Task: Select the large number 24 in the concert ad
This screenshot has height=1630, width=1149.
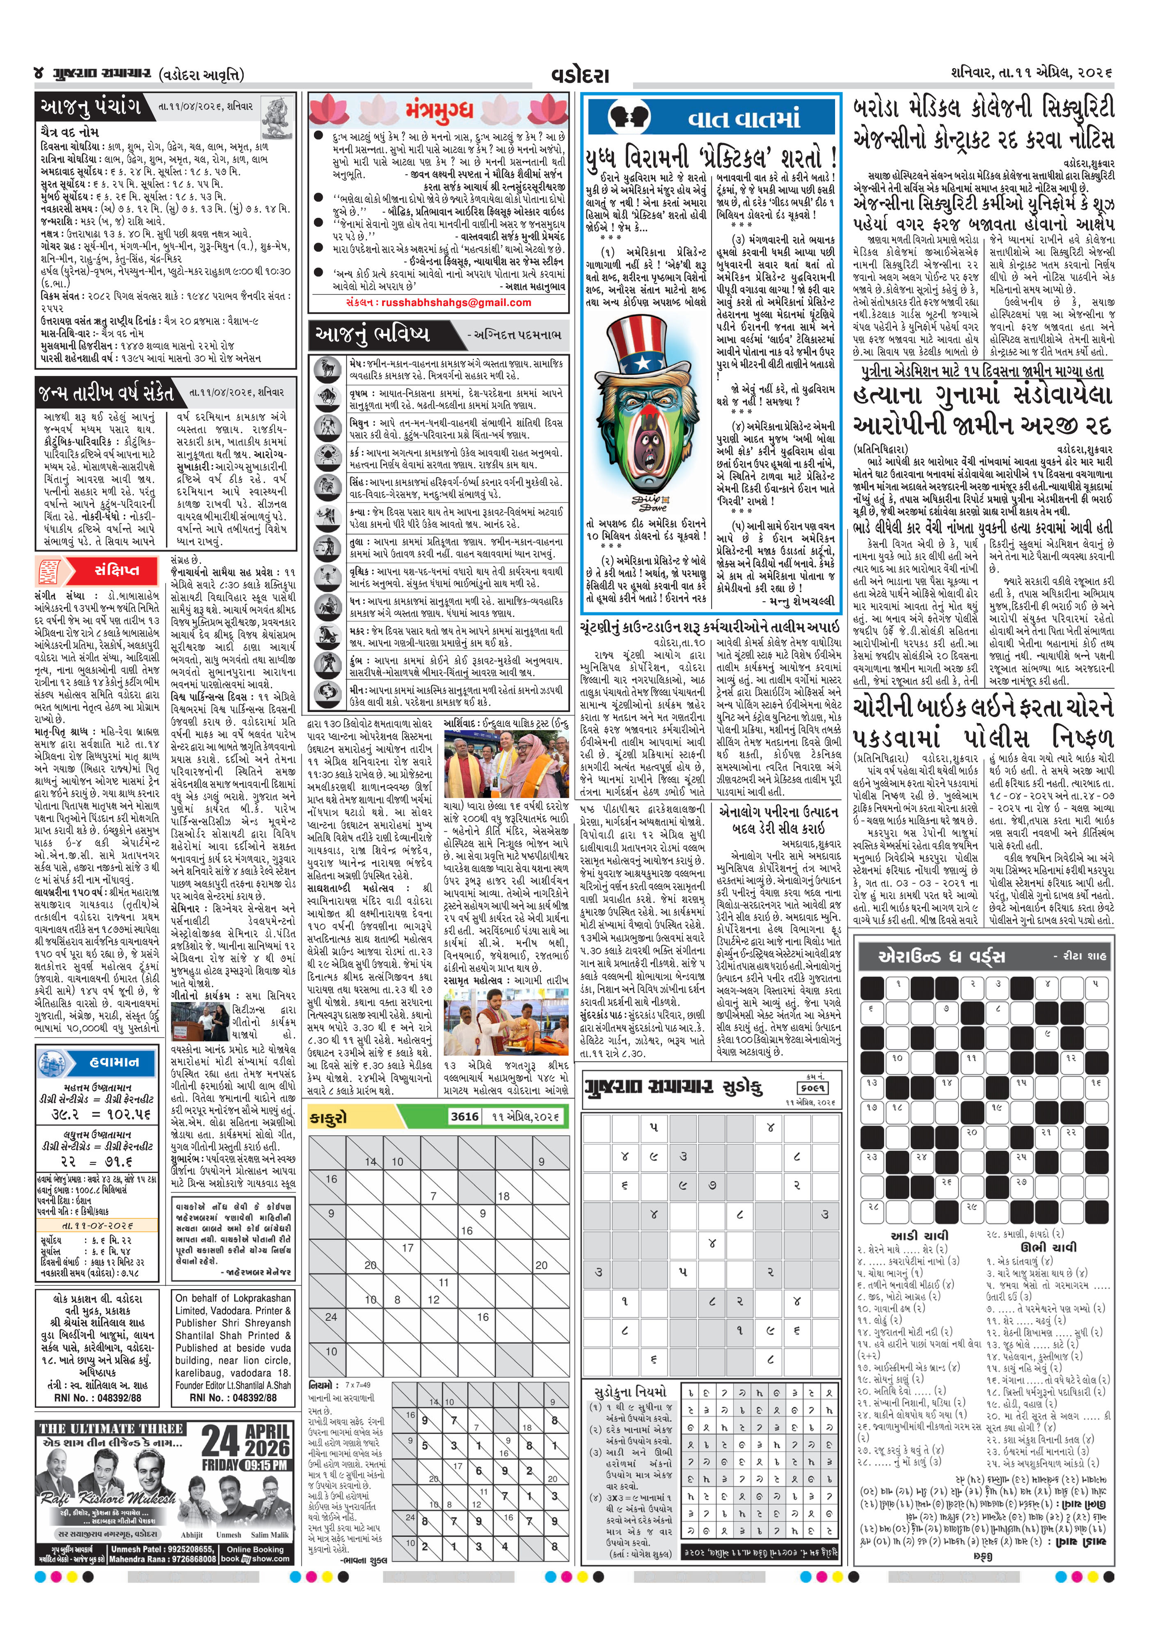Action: [x=221, y=1442]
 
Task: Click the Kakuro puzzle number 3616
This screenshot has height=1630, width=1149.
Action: [x=465, y=1117]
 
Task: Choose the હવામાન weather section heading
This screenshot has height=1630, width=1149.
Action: [x=114, y=1062]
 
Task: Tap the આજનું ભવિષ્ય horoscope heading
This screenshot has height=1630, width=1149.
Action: [x=373, y=333]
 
